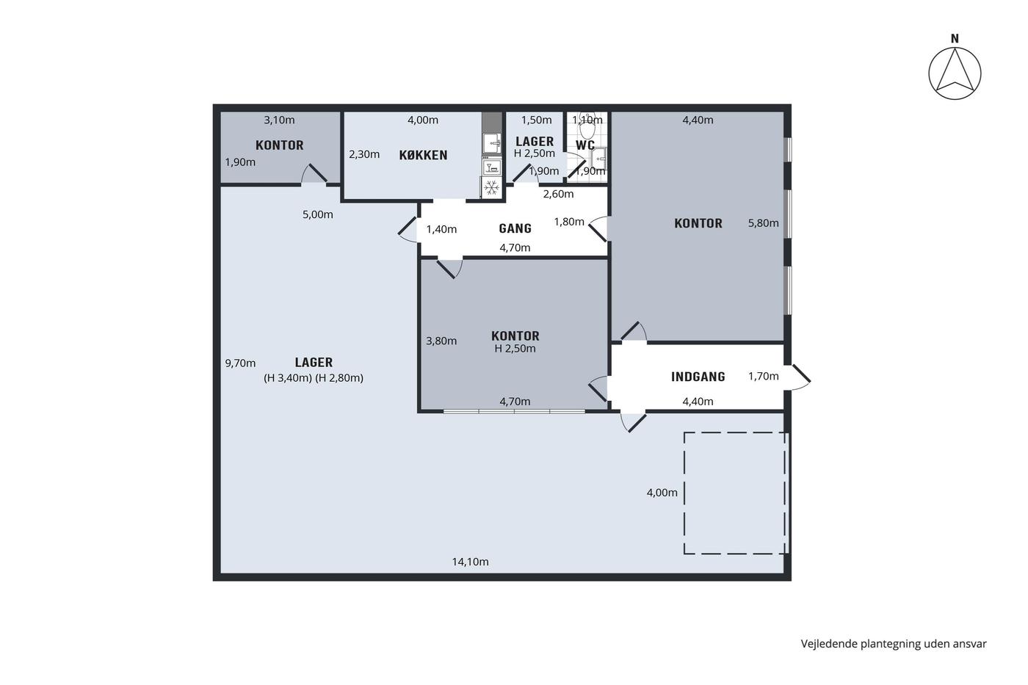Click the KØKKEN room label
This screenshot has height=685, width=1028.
423,155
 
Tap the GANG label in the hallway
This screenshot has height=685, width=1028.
515,228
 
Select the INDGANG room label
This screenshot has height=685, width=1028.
698,377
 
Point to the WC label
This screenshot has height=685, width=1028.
585,145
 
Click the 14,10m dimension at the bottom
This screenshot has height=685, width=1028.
470,562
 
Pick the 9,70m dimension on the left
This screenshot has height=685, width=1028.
240,363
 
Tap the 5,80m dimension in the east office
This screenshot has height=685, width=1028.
763,223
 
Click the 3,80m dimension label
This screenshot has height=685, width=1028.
441,341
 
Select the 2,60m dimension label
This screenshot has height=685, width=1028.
558,194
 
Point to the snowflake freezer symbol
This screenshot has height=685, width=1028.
491,187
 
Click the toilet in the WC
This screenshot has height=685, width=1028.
587,126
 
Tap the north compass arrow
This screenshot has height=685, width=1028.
955,73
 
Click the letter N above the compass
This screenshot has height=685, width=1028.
955,39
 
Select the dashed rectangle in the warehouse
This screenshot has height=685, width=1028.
684,493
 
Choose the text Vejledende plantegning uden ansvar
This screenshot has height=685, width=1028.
894,644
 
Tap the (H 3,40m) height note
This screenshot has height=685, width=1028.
288,378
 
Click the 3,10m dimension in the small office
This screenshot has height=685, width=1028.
279,120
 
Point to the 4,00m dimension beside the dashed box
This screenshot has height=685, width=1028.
662,493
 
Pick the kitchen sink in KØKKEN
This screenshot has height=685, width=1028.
492,143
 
